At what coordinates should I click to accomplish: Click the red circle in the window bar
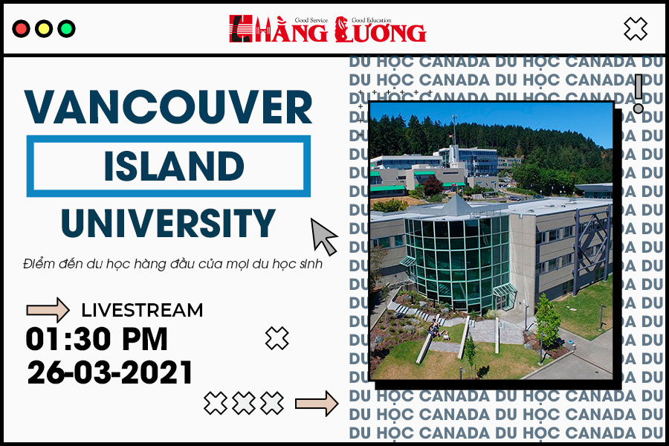tap(21, 29)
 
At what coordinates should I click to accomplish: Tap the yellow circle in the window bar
tap(44, 29)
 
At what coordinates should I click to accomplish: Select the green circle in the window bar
tap(66, 29)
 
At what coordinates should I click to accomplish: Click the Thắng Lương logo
tap(327, 29)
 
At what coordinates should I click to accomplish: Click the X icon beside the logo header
tap(636, 29)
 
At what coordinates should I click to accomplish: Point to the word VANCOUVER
tap(169, 107)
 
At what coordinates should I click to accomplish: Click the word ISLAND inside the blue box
tap(174, 166)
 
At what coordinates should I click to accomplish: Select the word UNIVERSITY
tap(168, 223)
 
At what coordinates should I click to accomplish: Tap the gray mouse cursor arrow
tap(323, 236)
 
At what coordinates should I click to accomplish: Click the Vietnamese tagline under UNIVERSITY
tap(172, 264)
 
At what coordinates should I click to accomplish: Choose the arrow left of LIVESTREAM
tap(48, 309)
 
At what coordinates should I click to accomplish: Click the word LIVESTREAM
tap(142, 310)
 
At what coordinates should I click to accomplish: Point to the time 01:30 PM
tap(97, 339)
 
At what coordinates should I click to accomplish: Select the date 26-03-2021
tap(110, 372)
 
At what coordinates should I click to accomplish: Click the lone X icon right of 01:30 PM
tap(277, 338)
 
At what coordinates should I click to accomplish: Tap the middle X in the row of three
tap(244, 403)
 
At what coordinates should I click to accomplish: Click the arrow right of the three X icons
tap(317, 404)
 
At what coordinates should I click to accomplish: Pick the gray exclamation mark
tap(639, 94)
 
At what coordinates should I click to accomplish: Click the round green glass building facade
tap(457, 260)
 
